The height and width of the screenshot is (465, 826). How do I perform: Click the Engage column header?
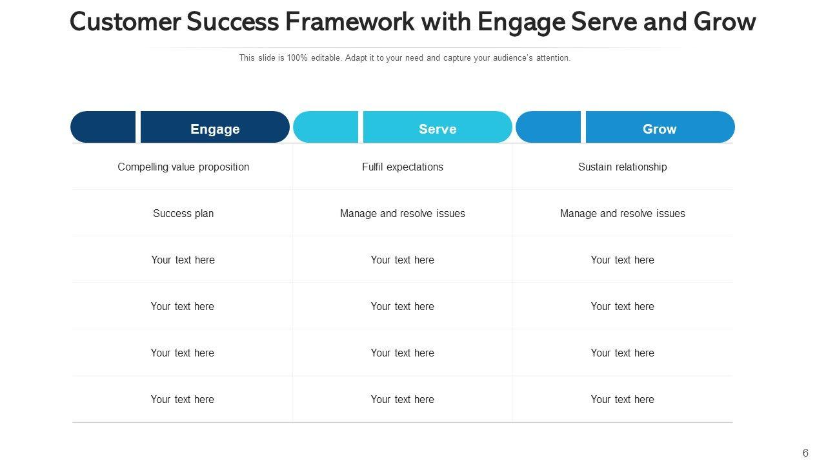point(215,129)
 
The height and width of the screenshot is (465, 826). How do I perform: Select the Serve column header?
point(438,129)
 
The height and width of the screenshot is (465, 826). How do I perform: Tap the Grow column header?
point(660,129)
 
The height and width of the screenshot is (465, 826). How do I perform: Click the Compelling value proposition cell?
point(183,167)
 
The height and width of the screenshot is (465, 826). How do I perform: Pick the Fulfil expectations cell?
point(403,167)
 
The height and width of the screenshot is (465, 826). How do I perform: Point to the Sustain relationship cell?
point(623,167)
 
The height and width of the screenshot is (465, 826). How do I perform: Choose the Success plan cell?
point(183,213)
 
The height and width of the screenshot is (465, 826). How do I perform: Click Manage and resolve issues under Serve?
point(403,213)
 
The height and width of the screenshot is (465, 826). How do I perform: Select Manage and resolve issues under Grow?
point(623,213)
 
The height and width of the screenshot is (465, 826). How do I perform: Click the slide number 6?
point(805,453)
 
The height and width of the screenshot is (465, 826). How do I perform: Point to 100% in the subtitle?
point(297,58)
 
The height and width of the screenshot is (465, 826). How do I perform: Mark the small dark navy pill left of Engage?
point(103,127)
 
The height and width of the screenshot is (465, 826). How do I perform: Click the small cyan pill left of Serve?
point(326,127)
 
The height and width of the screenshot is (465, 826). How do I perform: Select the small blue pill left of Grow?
point(549,127)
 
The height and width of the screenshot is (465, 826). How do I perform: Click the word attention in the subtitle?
point(552,58)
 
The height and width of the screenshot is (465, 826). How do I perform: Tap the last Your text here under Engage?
point(183,399)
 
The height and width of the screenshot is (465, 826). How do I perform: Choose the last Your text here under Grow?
point(623,399)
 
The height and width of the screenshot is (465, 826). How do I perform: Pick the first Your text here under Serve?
point(403,260)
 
